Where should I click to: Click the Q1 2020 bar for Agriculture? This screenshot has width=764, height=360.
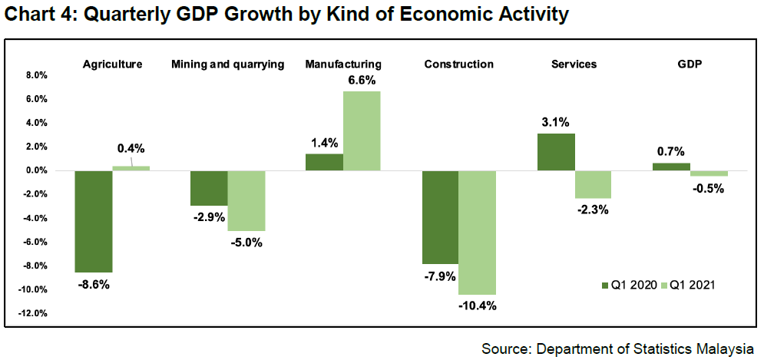93,221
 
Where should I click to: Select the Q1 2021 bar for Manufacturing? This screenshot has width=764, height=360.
362,130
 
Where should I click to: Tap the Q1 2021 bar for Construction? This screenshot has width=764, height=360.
478,233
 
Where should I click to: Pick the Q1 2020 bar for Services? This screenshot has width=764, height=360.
556,152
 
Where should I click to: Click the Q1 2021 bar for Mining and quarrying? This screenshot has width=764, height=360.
246,200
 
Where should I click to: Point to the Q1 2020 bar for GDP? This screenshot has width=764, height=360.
671,167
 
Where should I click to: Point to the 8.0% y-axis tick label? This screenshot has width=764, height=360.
36,75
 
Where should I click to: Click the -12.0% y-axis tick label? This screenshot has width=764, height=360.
34,313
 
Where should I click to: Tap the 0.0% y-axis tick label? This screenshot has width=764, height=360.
36,170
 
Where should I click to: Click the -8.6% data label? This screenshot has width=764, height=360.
94,285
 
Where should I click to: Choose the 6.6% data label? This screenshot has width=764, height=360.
362,79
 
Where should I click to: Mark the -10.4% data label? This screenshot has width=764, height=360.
478,306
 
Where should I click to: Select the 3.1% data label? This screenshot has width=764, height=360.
556,121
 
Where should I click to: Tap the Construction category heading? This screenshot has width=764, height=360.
458,64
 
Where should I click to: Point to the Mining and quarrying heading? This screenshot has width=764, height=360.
227,64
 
